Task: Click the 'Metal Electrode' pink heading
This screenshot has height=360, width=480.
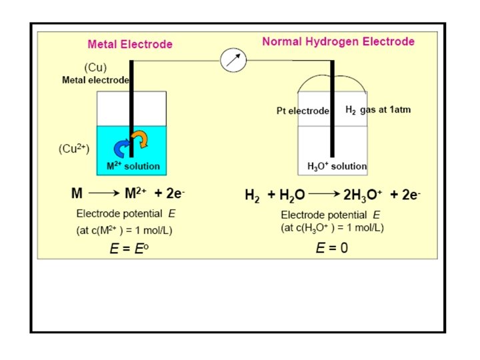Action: click(x=130, y=45)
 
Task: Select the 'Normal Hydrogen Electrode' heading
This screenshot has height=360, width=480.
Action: click(x=338, y=41)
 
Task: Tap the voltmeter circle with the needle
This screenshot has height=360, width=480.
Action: click(x=233, y=61)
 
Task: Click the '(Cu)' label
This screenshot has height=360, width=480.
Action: click(x=95, y=68)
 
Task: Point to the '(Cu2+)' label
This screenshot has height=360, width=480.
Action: click(x=74, y=149)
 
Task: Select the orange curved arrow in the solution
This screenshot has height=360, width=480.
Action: click(x=141, y=139)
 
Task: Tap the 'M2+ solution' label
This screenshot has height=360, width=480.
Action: click(x=133, y=166)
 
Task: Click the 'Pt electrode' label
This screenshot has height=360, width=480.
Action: click(x=303, y=111)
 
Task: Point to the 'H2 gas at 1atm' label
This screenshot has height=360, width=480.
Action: click(x=378, y=110)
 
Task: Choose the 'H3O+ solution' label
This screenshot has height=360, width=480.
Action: click(x=337, y=166)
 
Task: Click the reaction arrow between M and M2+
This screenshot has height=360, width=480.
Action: click(x=103, y=194)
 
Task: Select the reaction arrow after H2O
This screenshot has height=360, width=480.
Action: click(x=325, y=195)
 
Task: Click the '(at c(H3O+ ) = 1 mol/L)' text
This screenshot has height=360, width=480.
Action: click(x=332, y=228)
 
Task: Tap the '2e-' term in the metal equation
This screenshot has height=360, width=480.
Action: click(x=171, y=194)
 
